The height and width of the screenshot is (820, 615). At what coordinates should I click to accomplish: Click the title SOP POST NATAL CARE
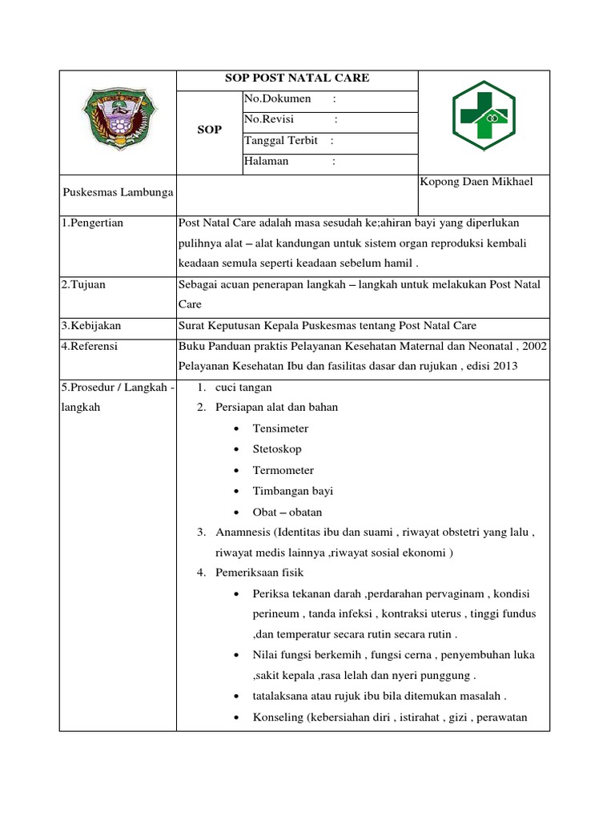pyautogui.click(x=296, y=78)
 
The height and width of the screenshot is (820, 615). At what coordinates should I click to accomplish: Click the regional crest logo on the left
pyautogui.click(x=118, y=122)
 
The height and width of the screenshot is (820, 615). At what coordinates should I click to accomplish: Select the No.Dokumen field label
pyautogui.click(x=277, y=99)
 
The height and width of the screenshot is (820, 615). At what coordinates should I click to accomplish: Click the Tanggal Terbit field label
pyautogui.click(x=282, y=141)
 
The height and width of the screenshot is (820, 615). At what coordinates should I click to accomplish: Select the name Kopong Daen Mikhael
pyautogui.click(x=476, y=183)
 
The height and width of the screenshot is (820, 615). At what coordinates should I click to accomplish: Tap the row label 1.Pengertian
pyautogui.click(x=93, y=223)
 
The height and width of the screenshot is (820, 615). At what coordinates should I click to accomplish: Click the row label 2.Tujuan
pyautogui.click(x=84, y=284)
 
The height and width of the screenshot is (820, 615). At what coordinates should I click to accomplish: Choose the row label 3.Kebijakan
pyautogui.click(x=91, y=326)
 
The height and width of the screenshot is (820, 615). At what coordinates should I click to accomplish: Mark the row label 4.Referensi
pyautogui.click(x=90, y=347)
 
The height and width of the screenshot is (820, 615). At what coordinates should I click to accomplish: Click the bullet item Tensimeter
pyautogui.click(x=280, y=428)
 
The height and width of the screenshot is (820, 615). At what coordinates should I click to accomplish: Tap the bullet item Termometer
pyautogui.click(x=283, y=470)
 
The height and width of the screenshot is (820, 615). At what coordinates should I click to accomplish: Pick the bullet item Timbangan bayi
pyautogui.click(x=293, y=491)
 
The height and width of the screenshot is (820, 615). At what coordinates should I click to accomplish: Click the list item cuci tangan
pyautogui.click(x=243, y=387)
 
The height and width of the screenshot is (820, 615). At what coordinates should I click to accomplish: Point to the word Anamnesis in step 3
pyautogui.click(x=243, y=533)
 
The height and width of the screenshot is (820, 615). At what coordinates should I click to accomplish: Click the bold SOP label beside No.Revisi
pyautogui.click(x=209, y=130)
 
